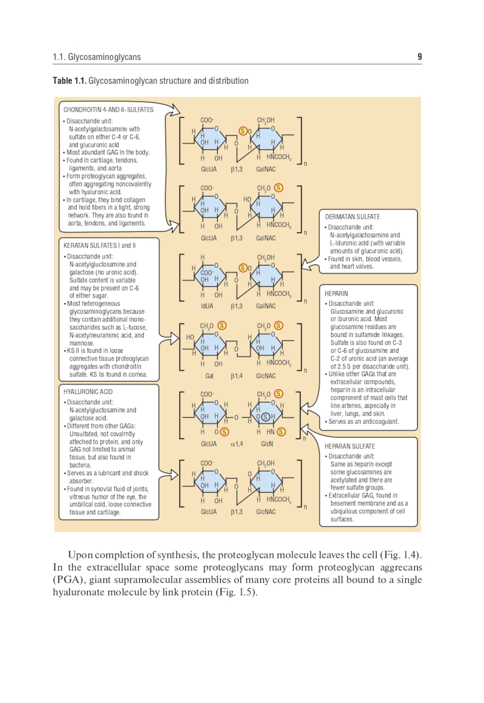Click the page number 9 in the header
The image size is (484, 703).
pyautogui.click(x=419, y=57)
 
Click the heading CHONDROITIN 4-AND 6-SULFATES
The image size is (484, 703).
pyautogui.click(x=108, y=110)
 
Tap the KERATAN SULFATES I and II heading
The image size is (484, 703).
pyautogui.click(x=99, y=246)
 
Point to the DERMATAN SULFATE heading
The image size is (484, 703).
pyautogui.click(x=352, y=217)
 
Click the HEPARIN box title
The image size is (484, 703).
pyautogui.click(x=336, y=293)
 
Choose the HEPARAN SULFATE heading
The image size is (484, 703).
pyautogui.click(x=349, y=446)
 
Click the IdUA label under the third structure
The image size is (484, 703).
pyautogui.click(x=207, y=306)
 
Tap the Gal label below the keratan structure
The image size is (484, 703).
pyautogui.click(x=209, y=376)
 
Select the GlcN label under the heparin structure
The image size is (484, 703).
pyautogui.click(x=267, y=444)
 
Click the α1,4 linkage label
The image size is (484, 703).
pyautogui.click(x=237, y=444)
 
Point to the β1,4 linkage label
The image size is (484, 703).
pyautogui.click(x=237, y=376)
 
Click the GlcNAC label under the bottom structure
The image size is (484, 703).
pyautogui.click(x=266, y=512)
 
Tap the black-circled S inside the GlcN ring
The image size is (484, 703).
pyautogui.click(x=265, y=416)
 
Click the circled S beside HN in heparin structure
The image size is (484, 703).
pyautogui.click(x=281, y=432)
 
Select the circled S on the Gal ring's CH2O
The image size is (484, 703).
pyautogui.click(x=222, y=325)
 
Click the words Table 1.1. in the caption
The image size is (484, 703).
pyautogui.click(x=69, y=81)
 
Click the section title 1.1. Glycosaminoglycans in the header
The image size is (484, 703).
pyautogui.click(x=97, y=57)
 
